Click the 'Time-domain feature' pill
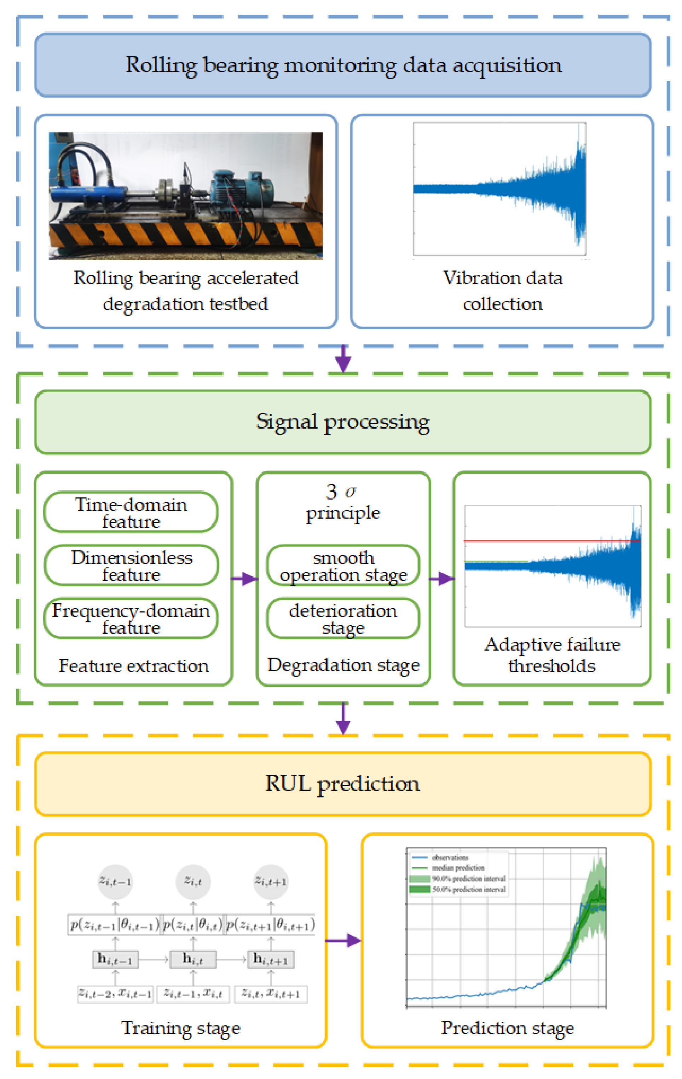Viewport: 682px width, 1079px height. coord(131,512)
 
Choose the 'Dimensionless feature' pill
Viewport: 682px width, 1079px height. coord(131,565)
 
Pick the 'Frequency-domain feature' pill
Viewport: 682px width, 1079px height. coord(131,618)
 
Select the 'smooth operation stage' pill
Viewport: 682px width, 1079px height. coord(343,565)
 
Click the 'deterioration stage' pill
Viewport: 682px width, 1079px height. coord(343,618)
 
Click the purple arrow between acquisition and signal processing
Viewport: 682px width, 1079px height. coord(343,358)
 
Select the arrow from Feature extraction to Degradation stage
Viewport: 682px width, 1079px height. coord(244,579)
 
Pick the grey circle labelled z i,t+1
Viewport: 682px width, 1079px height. coord(271,882)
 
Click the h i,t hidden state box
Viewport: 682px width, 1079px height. coord(193,959)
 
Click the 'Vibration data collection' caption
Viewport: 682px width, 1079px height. coord(502,290)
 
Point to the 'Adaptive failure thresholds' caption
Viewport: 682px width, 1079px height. coord(552,655)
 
